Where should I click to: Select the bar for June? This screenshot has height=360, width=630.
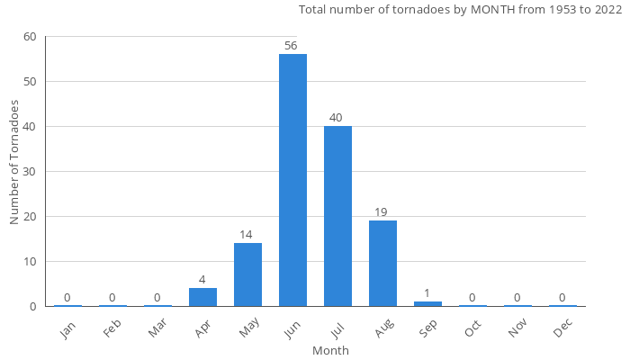click(x=292, y=180)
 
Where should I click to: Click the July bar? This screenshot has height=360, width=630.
click(x=337, y=216)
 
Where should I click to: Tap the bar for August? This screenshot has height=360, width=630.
click(x=382, y=263)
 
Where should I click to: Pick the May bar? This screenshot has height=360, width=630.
click(x=247, y=274)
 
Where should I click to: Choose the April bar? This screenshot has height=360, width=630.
click(x=202, y=297)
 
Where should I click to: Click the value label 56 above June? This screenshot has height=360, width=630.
click(x=290, y=46)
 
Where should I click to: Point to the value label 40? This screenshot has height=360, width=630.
click(x=336, y=118)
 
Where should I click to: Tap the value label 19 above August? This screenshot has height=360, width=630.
click(x=381, y=212)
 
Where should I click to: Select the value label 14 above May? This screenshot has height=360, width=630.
click(x=246, y=235)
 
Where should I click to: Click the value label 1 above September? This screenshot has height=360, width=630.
click(x=427, y=293)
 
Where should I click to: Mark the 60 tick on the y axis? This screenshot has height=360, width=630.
click(x=31, y=37)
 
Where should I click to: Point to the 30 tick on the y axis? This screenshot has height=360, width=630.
click(x=31, y=172)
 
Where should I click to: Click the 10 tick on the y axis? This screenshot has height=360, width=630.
click(x=31, y=262)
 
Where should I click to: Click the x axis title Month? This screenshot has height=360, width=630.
click(x=330, y=350)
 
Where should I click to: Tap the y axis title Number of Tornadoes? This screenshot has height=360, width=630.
click(x=14, y=163)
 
